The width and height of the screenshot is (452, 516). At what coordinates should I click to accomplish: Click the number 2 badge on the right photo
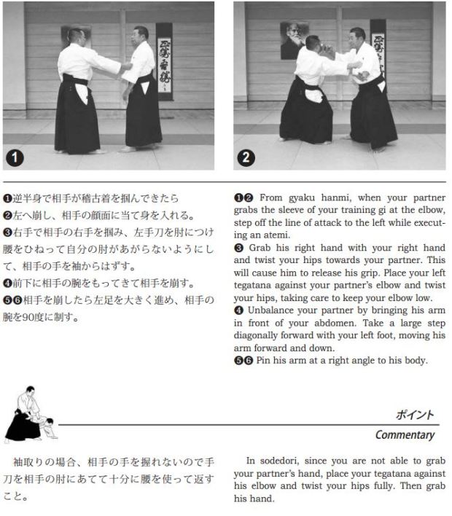tap(246, 156)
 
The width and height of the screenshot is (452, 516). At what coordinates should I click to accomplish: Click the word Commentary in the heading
tap(405, 435)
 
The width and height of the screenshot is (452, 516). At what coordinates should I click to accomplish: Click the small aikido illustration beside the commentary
tap(27, 415)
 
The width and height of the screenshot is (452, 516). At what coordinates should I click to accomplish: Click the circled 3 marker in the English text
tap(238, 247)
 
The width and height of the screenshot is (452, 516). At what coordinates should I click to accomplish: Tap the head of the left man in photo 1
tap(75, 36)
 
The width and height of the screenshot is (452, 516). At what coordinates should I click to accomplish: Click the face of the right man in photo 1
tap(139, 36)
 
